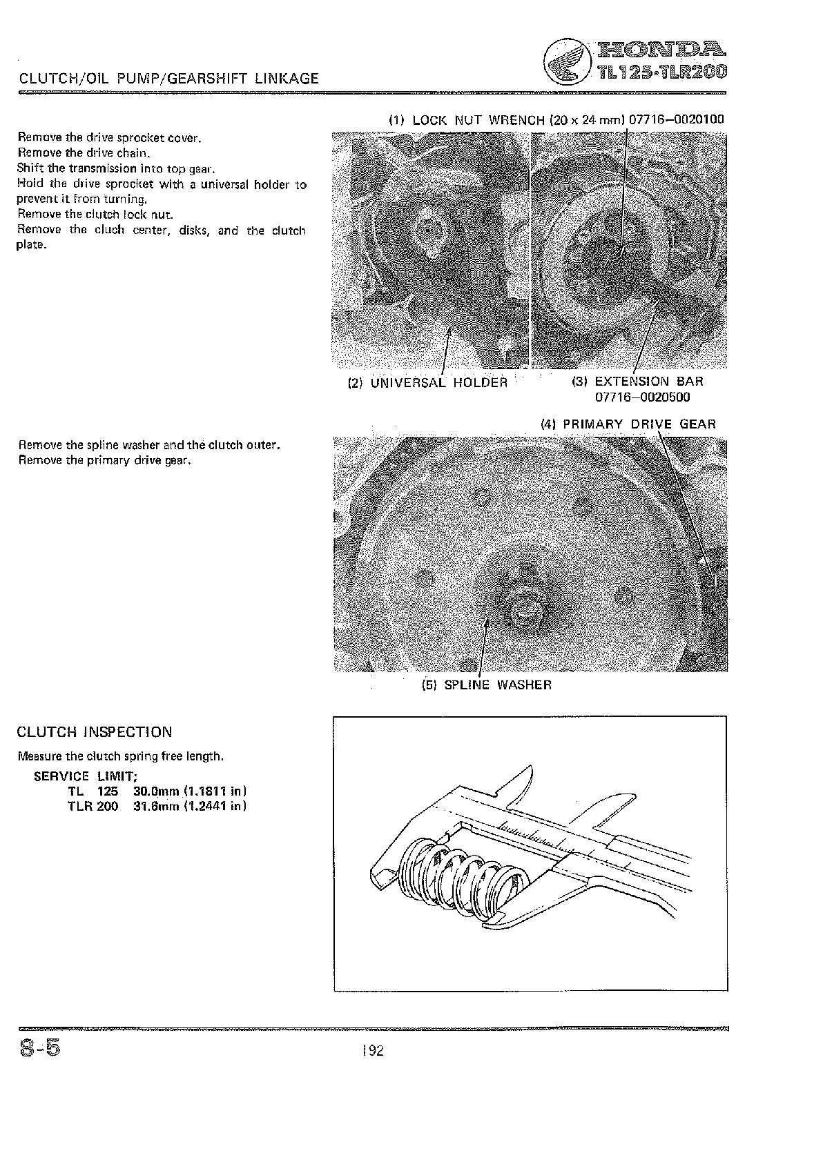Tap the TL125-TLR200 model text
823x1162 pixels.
657,72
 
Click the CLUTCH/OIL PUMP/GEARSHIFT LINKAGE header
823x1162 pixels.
169,79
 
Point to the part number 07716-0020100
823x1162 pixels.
676,120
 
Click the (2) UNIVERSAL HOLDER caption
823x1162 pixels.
428,383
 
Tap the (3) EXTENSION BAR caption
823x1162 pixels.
637,382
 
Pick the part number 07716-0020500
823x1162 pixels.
642,397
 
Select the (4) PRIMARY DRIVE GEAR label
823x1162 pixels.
628,424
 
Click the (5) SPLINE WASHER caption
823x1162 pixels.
487,685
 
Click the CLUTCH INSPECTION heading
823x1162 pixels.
95,732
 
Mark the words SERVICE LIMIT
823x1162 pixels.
86,776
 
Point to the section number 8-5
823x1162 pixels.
40,1049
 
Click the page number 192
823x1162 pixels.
373,1051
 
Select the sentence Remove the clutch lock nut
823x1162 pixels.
95,214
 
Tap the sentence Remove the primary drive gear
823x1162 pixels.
104,460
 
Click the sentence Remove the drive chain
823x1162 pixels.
84,153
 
